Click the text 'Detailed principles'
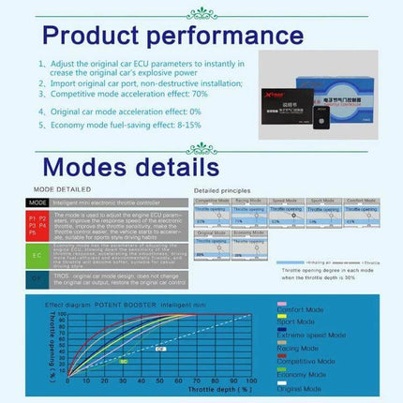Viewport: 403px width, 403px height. pyautogui.click(x=219, y=190)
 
